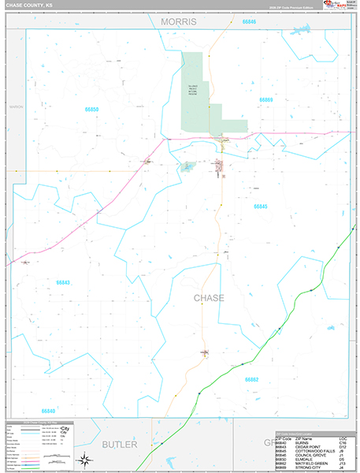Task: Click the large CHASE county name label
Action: tap(209, 298)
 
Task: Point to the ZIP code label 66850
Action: tap(92, 109)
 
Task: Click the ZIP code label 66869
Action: tap(265, 100)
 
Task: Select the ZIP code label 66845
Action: tap(261, 207)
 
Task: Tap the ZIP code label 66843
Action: tap(63, 282)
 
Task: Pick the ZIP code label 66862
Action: tap(251, 380)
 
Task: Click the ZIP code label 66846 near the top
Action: tap(248, 21)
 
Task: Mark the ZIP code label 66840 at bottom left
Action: tap(48, 411)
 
